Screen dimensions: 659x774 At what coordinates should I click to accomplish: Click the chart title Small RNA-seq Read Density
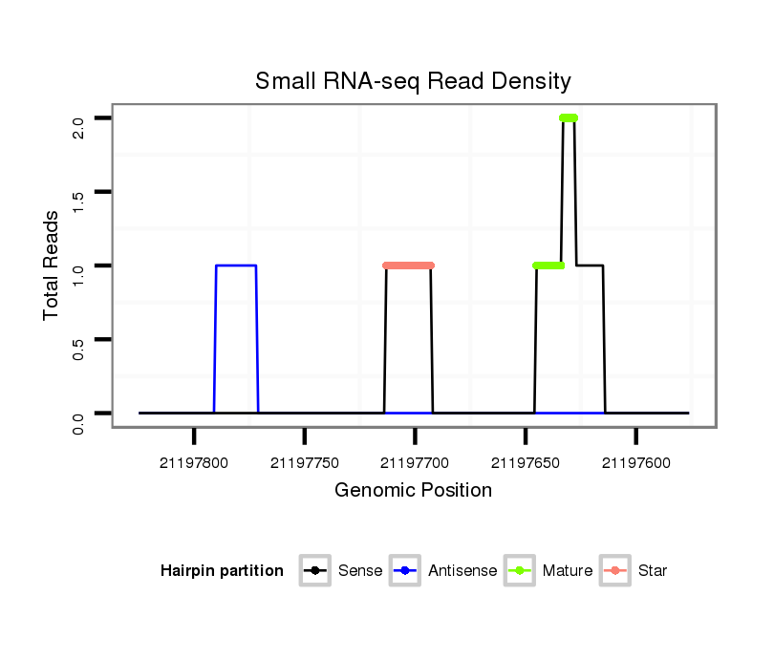pyautogui.click(x=413, y=81)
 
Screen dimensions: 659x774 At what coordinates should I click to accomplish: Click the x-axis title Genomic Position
pyautogui.click(x=413, y=491)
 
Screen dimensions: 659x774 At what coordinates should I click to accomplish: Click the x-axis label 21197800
pyautogui.click(x=194, y=463)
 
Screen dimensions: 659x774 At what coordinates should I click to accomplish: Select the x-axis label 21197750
pyautogui.click(x=305, y=463)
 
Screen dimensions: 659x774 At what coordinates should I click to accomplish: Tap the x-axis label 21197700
pyautogui.click(x=415, y=463)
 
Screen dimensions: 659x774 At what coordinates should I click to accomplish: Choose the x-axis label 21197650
pyautogui.click(x=526, y=463)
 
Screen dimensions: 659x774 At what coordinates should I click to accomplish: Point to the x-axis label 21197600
pyautogui.click(x=636, y=463)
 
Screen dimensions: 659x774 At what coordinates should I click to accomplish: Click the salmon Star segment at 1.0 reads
pyautogui.click(x=408, y=266)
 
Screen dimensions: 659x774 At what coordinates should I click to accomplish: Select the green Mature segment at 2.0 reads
pyautogui.click(x=569, y=117)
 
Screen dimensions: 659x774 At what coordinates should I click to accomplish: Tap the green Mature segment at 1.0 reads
pyautogui.click(x=548, y=266)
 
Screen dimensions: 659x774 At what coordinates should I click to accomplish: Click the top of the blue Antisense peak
pyautogui.click(x=236, y=266)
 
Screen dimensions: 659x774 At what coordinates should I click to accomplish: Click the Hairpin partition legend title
pyautogui.click(x=222, y=571)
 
